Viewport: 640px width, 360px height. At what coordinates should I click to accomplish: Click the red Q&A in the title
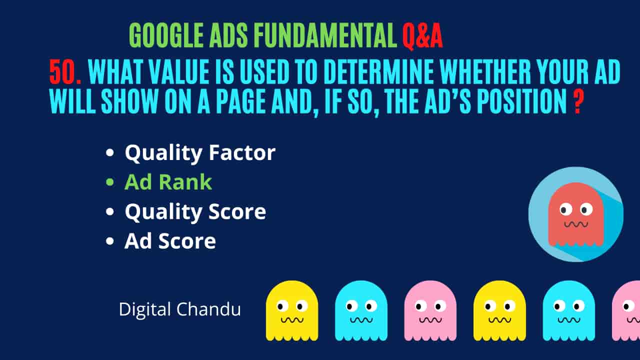(422, 36)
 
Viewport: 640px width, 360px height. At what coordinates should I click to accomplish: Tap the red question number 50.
(65, 71)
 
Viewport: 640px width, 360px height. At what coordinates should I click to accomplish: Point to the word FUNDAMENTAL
(325, 35)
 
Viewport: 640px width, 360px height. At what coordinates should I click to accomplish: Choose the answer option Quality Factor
(200, 153)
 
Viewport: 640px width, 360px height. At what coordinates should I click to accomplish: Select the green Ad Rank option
(168, 182)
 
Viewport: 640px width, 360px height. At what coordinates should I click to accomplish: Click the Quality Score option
(195, 211)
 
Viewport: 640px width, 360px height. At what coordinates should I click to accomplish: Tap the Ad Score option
(170, 241)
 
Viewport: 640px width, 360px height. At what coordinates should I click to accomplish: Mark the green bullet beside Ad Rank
(109, 182)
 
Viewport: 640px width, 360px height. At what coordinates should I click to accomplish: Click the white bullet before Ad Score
(109, 241)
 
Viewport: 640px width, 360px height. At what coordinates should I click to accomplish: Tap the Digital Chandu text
(180, 309)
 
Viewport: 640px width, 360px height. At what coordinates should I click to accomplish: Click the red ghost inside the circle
(575, 214)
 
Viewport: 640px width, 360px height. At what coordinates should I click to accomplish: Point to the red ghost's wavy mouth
(576, 224)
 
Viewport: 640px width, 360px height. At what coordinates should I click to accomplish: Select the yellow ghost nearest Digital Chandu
(292, 311)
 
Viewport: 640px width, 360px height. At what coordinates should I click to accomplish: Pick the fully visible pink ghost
(430, 311)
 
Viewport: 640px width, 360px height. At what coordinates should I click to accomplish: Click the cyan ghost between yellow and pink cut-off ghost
(569, 311)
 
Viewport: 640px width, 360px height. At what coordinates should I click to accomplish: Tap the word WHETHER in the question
(485, 71)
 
